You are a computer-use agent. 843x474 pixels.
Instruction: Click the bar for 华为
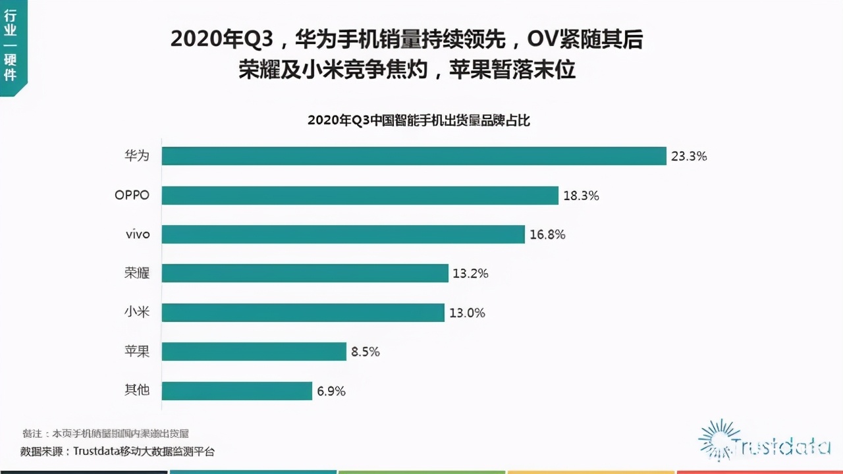tap(414, 156)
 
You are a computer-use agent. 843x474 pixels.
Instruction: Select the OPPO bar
tap(360, 196)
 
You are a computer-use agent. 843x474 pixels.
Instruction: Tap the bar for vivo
tap(342, 234)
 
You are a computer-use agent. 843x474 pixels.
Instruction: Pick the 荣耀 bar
tap(305, 273)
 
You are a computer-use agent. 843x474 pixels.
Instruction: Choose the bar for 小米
tap(303, 313)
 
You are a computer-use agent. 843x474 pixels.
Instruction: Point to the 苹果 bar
tap(254, 352)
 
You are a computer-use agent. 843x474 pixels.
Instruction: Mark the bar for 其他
tap(236, 391)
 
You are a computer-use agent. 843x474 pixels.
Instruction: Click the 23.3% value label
tap(689, 157)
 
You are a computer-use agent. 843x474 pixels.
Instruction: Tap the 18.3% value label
tap(581, 196)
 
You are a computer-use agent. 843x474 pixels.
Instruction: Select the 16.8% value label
tap(547, 234)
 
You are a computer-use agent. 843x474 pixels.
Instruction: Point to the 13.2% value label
tap(470, 273)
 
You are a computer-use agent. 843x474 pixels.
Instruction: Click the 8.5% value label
tap(366, 352)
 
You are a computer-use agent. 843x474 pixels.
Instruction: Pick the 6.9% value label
tap(331, 391)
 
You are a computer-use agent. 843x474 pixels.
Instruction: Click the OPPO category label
tap(132, 196)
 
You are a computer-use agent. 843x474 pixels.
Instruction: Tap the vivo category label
tap(137, 234)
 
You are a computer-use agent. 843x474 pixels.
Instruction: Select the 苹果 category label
tap(137, 352)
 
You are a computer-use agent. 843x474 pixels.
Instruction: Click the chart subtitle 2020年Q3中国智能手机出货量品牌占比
tap(419, 120)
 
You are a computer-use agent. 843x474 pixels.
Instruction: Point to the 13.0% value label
tap(467, 313)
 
